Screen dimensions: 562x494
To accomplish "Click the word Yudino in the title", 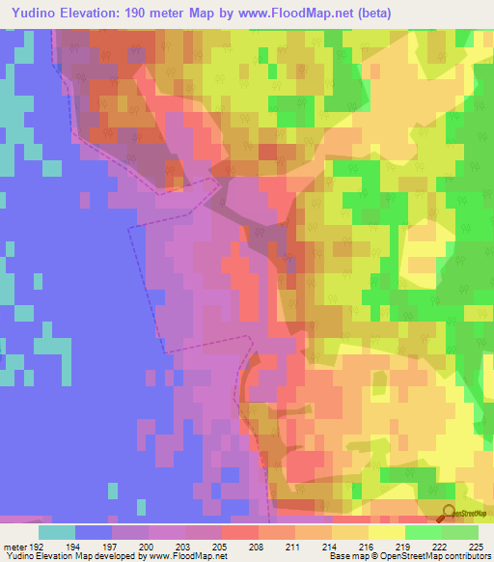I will click(30, 12).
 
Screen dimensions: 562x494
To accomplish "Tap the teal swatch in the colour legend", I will click(57, 532).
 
